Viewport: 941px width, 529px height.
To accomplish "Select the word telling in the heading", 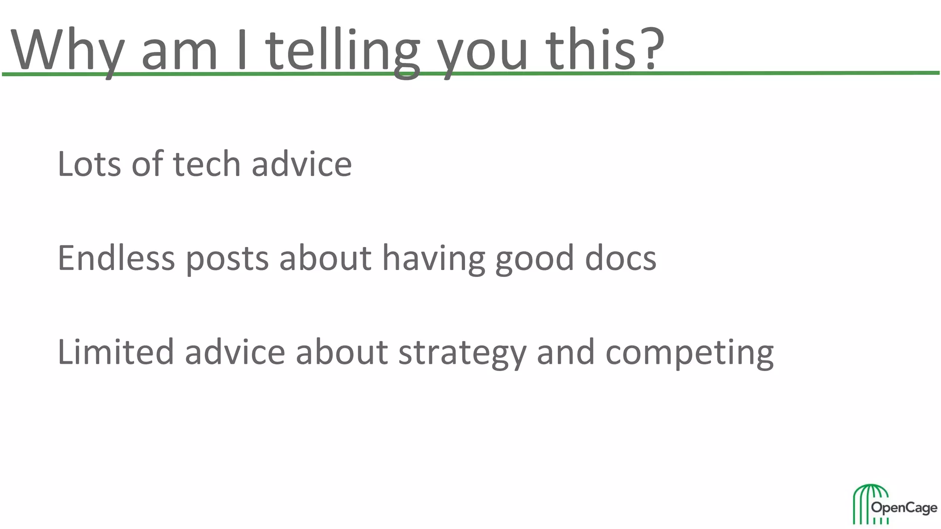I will (342, 51).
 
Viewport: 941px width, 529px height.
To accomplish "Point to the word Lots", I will (89, 164).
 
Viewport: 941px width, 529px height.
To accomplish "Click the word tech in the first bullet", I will (207, 164).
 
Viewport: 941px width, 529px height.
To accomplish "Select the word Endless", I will (116, 258).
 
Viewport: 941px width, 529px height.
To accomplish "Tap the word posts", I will (227, 260).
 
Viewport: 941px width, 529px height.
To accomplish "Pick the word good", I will (534, 260).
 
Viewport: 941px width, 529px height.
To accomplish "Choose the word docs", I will (620, 258).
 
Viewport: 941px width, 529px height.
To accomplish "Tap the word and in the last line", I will (566, 352).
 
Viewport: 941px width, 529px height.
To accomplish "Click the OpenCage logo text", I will (904, 508).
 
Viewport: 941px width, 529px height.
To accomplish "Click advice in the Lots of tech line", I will (301, 164).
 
